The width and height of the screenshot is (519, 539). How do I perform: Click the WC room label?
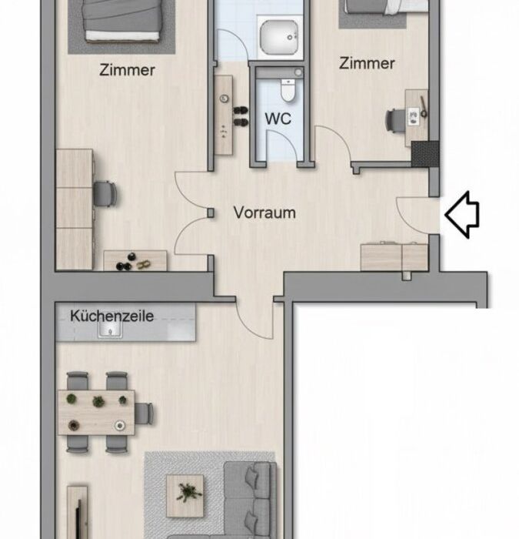[278, 119]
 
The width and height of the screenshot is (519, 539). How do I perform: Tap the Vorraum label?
[264, 213]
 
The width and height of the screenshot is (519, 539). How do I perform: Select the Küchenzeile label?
[112, 316]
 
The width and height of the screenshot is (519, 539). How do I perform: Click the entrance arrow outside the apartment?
[462, 215]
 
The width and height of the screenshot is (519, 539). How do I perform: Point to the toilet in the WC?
[288, 90]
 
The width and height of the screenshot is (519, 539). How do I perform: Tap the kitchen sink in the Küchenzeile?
[110, 330]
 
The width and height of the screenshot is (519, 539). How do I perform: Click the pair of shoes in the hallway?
[241, 116]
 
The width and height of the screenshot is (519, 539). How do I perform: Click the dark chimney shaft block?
[425, 154]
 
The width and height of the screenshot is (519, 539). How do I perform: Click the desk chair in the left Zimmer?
[105, 194]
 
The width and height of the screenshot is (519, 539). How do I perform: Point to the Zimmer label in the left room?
[127, 70]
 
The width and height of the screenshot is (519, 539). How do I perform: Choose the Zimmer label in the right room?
[367, 64]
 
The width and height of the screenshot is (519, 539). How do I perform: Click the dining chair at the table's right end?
[145, 413]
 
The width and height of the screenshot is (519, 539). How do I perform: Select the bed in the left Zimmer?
[121, 22]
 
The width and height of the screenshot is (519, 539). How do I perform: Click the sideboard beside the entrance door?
[394, 256]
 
